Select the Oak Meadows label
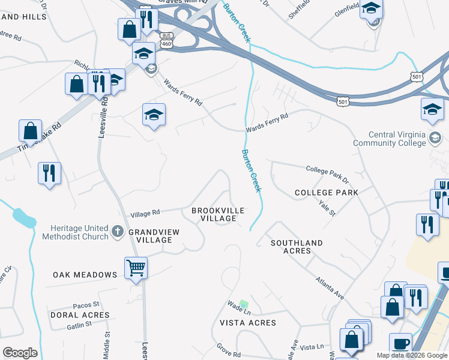[x=85, y=275]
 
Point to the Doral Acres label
[x=80, y=314]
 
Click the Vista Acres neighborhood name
[x=248, y=323]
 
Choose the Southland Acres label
[x=297, y=247]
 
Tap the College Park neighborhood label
[x=327, y=193]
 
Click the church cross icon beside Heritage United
[x=118, y=230]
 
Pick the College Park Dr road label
[x=327, y=174]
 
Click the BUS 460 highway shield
[x=166, y=39]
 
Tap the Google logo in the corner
[x=20, y=353]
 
